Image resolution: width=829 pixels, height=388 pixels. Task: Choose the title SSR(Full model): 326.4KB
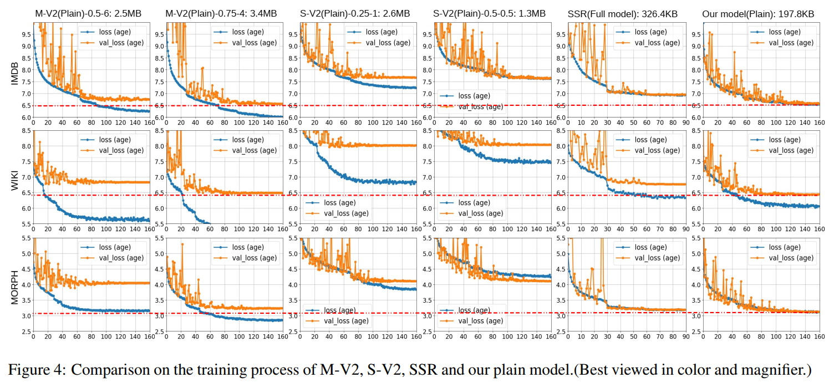coord(624,14)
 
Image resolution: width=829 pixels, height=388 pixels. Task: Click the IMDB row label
coord(15,72)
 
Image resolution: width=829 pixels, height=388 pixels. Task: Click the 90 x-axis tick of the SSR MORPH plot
coord(685,336)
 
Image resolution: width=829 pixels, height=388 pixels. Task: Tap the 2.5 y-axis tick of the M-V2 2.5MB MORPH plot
coord(25,331)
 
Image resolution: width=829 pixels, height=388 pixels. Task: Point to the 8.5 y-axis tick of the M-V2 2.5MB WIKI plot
coord(25,131)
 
